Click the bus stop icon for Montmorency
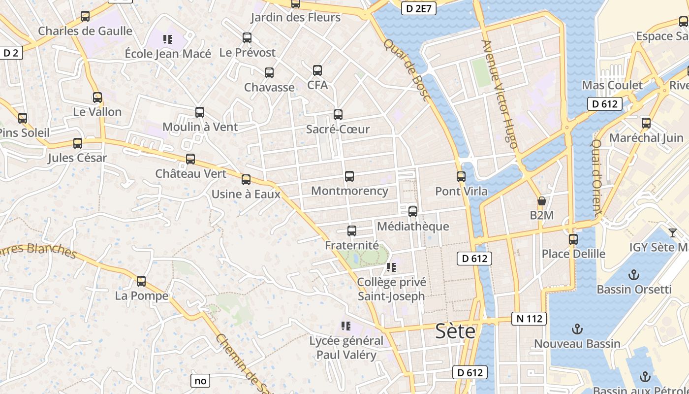(x=349, y=176)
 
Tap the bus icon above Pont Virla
(x=461, y=177)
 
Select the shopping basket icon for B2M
(x=542, y=201)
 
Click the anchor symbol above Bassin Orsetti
(x=634, y=274)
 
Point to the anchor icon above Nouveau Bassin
(x=577, y=328)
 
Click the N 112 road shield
(x=530, y=319)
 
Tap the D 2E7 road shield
(x=419, y=8)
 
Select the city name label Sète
(x=455, y=331)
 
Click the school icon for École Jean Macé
(x=168, y=39)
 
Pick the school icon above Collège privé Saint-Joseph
(x=391, y=267)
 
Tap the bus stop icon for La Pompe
(x=141, y=281)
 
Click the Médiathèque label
(x=413, y=227)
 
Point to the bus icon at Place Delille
(x=573, y=239)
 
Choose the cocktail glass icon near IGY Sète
(x=673, y=232)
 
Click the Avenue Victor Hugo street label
(x=500, y=94)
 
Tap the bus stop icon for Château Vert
(x=190, y=159)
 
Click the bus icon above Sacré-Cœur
(x=338, y=115)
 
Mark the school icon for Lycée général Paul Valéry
(x=346, y=326)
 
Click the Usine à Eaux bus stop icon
(x=246, y=180)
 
